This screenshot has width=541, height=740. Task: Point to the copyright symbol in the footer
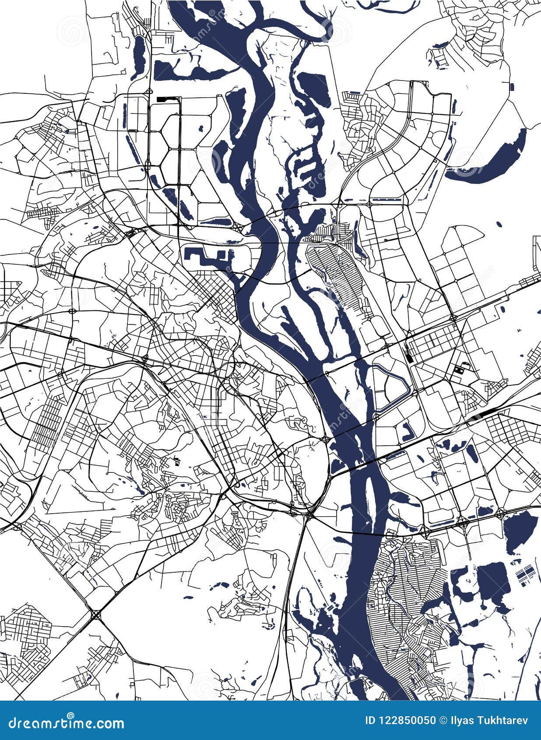tap(444, 720)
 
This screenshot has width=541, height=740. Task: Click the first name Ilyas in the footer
tap(462, 720)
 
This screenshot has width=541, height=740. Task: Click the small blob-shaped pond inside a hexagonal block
tap(202, 129)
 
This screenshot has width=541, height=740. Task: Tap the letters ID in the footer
tap(370, 720)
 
